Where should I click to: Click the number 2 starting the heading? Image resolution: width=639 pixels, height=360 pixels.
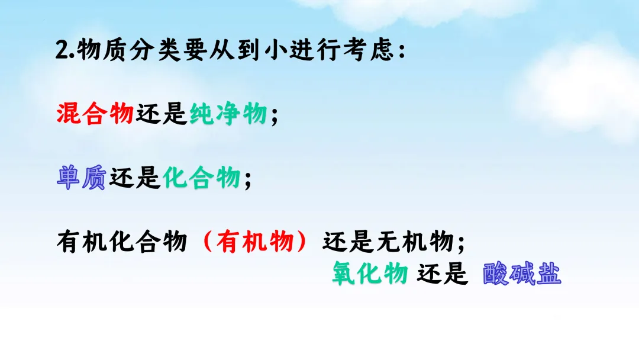(x=62, y=51)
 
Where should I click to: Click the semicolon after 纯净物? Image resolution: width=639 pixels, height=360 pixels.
(x=273, y=115)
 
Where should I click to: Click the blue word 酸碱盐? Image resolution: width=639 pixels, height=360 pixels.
(x=521, y=274)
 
